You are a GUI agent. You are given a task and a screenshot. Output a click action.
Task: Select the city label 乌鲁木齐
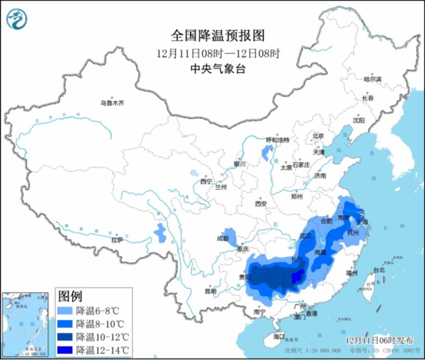112,103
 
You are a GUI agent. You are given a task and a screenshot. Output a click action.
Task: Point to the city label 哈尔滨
372,79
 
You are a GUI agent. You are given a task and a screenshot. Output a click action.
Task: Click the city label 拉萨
117,239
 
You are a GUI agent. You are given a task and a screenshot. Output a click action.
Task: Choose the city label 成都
222,238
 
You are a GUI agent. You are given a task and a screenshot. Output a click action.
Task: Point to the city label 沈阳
359,120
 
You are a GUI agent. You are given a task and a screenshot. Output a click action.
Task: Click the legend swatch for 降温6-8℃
65,310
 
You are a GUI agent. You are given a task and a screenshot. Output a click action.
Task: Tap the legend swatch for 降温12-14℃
65,350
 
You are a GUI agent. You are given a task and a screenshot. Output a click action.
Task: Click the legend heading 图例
71,296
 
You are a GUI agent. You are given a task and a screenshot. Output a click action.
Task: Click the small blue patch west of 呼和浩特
266,152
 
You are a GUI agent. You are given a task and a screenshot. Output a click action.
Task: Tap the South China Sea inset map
26,324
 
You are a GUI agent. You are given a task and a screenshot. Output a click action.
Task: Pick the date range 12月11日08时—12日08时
218,53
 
